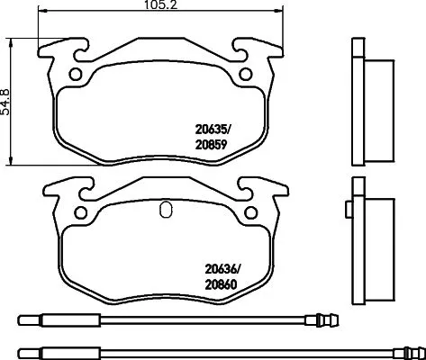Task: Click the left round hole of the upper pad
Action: (75, 74)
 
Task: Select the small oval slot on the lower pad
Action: (163, 212)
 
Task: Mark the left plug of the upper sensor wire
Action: (36, 319)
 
